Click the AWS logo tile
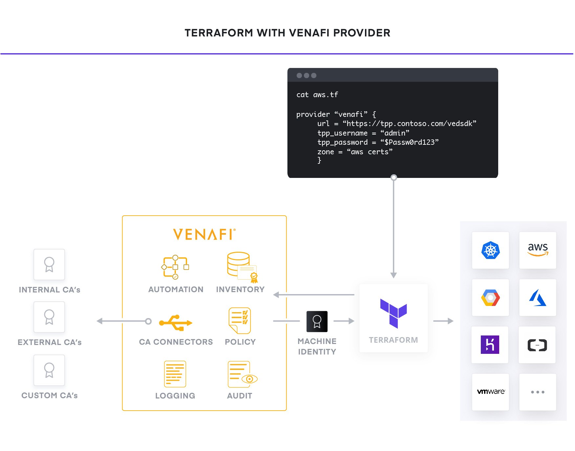click(x=538, y=250)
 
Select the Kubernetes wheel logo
click(x=490, y=250)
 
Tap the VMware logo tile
click(x=490, y=392)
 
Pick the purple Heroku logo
click(x=490, y=344)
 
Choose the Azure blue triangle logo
click(x=538, y=298)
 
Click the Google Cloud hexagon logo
click(x=490, y=298)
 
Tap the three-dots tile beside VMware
click(x=538, y=392)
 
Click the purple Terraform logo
click(x=393, y=313)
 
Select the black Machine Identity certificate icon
click(x=317, y=321)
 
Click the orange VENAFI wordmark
click(x=204, y=234)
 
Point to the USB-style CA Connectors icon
click(x=176, y=323)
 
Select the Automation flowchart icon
click(x=175, y=267)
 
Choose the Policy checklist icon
click(x=240, y=320)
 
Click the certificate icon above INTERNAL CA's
click(x=49, y=265)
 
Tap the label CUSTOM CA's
click(x=50, y=395)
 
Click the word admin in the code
click(x=396, y=133)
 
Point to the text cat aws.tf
click(x=317, y=95)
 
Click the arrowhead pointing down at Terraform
click(x=394, y=275)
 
